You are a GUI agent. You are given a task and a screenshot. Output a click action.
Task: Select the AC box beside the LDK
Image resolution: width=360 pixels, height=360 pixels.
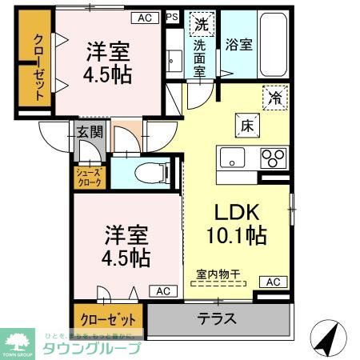click(273, 282)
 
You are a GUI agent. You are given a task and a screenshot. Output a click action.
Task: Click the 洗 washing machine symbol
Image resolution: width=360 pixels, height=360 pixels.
click(199, 25)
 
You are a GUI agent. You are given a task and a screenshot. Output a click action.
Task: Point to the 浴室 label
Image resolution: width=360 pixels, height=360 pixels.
click(238, 45)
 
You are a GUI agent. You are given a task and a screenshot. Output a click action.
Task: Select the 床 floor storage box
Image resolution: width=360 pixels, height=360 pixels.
click(245, 125)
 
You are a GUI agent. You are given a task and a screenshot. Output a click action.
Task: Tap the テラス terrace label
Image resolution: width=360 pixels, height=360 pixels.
click(217, 318)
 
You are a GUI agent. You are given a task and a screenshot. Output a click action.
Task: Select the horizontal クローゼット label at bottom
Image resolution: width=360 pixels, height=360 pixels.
click(108, 318)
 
